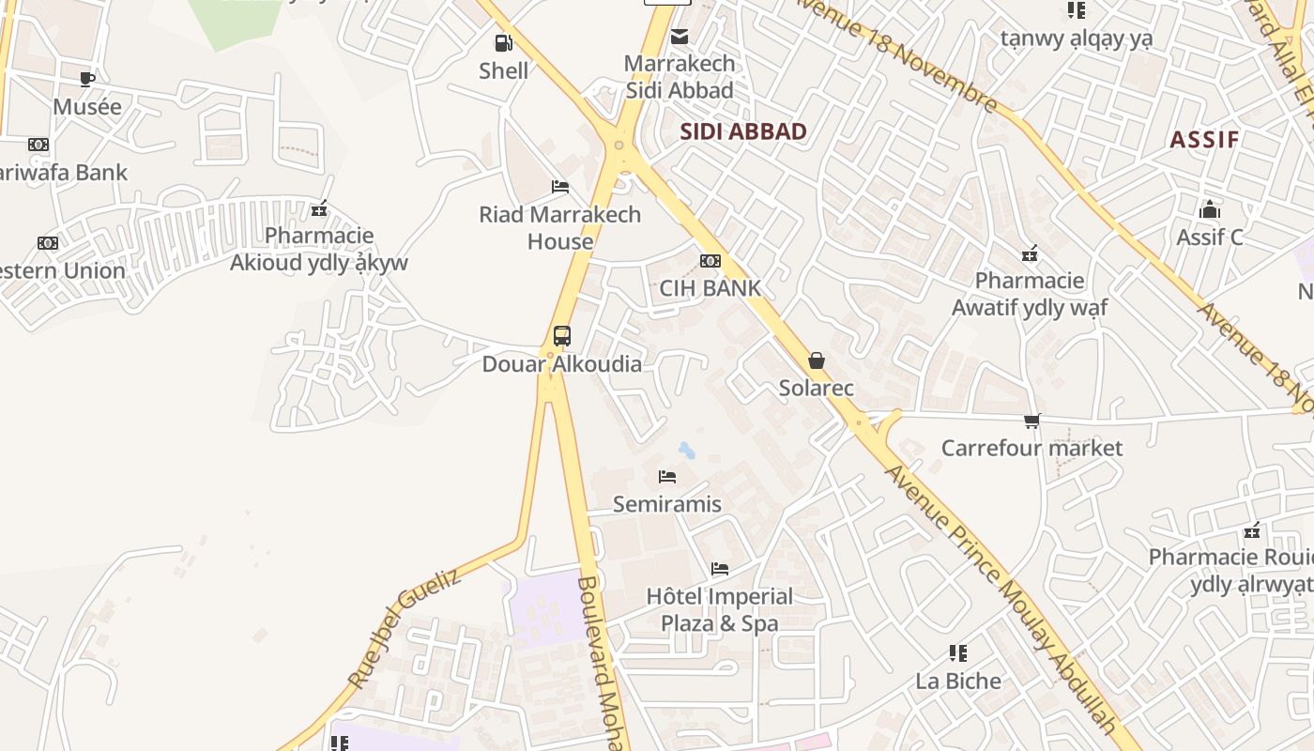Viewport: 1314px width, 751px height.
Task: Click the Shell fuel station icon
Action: click(504, 42)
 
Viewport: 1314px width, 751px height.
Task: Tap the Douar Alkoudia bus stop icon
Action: click(561, 336)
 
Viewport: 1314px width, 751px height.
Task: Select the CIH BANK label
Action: click(710, 288)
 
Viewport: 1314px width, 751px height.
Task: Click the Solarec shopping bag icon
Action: click(817, 360)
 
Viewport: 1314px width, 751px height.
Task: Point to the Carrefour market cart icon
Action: click(1032, 421)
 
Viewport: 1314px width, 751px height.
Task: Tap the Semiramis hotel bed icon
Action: click(667, 477)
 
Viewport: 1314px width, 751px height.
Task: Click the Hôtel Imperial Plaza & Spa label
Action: click(720, 609)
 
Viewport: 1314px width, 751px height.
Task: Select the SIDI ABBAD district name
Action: click(743, 131)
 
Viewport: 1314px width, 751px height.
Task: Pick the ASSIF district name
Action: click(1204, 140)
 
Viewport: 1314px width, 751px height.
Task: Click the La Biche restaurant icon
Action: click(958, 652)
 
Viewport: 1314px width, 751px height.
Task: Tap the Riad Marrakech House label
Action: click(560, 227)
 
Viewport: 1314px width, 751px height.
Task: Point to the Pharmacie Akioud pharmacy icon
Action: click(319, 208)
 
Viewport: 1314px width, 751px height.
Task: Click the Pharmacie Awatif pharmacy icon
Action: click(1030, 253)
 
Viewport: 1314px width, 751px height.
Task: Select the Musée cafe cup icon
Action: click(87, 79)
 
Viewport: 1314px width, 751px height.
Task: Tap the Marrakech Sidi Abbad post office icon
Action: click(680, 37)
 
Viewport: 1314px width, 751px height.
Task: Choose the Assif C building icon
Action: click(1210, 209)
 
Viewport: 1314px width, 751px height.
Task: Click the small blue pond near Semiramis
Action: click(687, 451)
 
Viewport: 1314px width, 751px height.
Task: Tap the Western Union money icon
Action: click(48, 243)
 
